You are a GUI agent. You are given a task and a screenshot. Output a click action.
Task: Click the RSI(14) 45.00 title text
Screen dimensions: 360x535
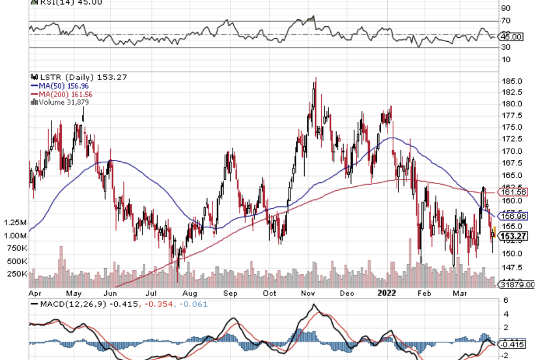(x=71, y=2)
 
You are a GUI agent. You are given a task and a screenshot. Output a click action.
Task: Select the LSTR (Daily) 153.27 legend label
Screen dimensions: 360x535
(x=72, y=77)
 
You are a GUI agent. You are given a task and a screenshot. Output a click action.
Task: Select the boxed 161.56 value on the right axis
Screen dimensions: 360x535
(x=513, y=192)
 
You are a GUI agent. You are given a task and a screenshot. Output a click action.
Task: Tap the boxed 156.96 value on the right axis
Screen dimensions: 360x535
(x=513, y=216)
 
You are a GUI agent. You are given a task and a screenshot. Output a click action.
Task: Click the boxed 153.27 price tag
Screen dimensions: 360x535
(x=513, y=236)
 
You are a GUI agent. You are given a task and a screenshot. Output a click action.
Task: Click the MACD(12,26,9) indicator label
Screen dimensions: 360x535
(x=72, y=305)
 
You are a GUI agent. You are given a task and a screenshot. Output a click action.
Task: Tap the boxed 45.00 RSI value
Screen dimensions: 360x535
(x=512, y=37)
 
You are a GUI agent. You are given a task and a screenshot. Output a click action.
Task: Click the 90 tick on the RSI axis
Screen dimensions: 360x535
(x=505, y=9)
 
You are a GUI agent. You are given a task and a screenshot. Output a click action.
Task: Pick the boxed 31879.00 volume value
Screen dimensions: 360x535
(x=516, y=284)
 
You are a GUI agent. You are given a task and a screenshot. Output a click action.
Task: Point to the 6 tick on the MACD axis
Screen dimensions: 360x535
(x=505, y=301)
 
